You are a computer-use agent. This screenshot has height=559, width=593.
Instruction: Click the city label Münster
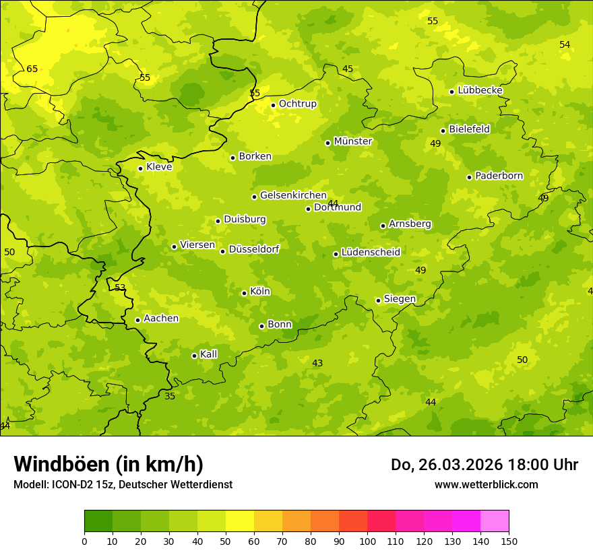(352, 141)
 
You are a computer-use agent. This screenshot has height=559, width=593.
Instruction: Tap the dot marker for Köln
(244, 293)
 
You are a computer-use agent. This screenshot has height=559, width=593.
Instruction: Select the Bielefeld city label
(469, 129)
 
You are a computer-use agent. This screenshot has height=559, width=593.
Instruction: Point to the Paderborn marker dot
(469, 177)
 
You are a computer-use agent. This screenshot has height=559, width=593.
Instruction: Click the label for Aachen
(161, 319)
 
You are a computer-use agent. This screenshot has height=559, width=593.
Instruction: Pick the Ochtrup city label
(297, 104)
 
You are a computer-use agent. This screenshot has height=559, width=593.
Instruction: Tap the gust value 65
(32, 69)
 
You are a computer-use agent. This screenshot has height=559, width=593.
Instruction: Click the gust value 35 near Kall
(170, 396)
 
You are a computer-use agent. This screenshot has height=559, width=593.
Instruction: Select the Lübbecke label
(480, 90)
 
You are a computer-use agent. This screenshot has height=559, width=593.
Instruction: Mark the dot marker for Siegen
(378, 300)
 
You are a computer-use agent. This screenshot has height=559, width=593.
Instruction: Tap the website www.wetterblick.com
(486, 484)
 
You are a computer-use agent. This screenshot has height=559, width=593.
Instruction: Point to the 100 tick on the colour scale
(367, 541)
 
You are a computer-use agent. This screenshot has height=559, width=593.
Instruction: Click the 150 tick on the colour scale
(509, 541)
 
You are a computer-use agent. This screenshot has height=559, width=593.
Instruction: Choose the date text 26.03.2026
(460, 465)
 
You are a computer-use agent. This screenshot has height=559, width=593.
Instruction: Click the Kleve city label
(159, 167)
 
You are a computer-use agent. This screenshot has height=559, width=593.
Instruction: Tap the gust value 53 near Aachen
(120, 288)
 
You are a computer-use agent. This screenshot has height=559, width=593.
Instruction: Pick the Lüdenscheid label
(371, 253)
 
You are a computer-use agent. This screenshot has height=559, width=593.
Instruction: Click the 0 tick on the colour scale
(84, 541)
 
